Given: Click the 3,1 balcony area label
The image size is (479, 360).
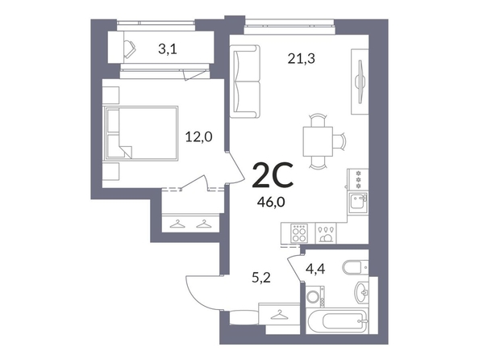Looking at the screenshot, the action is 168,49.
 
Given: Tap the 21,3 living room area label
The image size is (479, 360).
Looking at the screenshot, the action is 302,58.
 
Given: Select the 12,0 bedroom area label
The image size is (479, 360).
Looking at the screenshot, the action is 199,136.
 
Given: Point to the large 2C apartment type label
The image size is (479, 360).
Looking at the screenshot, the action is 273,174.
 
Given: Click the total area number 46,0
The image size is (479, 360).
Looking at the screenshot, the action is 271,203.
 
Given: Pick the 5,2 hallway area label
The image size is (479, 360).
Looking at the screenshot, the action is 261,278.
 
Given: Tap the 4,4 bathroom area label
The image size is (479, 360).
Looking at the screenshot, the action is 315,269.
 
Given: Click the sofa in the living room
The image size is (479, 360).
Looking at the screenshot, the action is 244,82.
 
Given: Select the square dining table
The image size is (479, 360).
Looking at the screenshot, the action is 318,141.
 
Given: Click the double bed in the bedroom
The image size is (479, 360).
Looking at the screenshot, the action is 141,133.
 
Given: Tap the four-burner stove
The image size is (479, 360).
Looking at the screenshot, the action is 299,233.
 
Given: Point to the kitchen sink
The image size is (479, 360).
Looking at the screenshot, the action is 358,201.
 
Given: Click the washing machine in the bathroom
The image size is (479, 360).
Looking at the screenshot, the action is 315,297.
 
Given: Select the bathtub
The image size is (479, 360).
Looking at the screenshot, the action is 336,322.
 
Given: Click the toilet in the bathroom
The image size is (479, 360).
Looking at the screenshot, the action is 356,267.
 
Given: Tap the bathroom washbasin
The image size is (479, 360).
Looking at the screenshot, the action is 362,291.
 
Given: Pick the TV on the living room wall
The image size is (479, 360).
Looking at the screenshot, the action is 360,82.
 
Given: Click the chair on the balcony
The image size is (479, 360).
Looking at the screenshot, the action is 130,49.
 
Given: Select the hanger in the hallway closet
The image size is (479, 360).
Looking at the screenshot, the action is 278,315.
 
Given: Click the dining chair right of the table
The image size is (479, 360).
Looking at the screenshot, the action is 339,141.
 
